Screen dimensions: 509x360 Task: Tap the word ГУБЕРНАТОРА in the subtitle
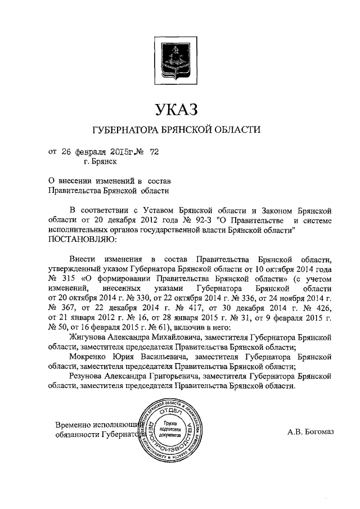tap(127, 130)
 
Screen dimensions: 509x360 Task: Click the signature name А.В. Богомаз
tap(310, 431)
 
